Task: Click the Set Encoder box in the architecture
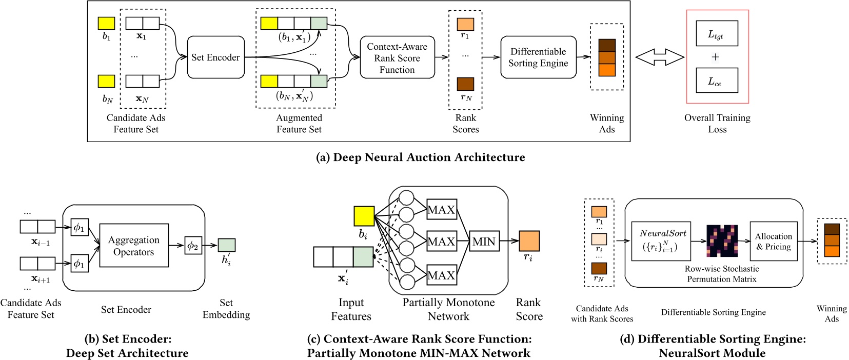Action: [x=215, y=57]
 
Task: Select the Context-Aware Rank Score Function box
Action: [x=397, y=57]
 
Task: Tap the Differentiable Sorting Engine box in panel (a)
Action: [x=538, y=57]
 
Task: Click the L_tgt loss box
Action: [x=717, y=34]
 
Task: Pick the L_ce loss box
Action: [x=717, y=81]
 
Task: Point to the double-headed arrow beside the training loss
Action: [x=659, y=57]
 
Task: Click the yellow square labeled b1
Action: [x=106, y=23]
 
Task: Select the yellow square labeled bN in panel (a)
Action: [x=106, y=81]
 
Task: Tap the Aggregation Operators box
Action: [x=134, y=246]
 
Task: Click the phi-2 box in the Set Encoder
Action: [x=193, y=246]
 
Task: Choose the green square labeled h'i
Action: [x=226, y=245]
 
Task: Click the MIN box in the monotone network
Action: [x=484, y=241]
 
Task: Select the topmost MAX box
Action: [x=441, y=210]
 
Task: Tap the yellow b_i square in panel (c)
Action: [x=364, y=216]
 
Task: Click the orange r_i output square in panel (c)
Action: [x=529, y=241]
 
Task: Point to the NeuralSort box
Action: [x=661, y=241]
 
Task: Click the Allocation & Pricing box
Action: [x=774, y=241]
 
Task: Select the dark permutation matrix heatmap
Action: [x=722, y=241]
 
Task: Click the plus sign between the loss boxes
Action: [x=715, y=57]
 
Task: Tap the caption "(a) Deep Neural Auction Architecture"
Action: [x=420, y=157]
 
